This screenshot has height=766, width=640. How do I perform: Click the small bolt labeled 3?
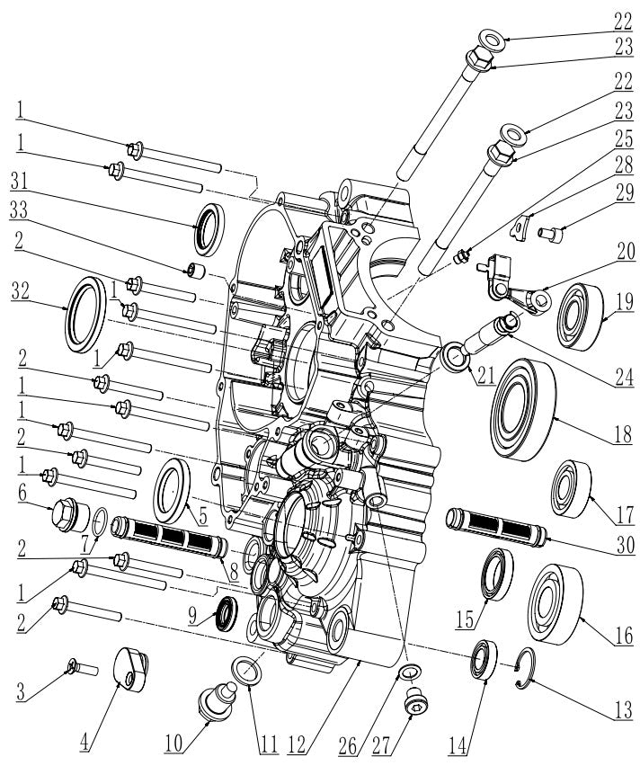78,667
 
